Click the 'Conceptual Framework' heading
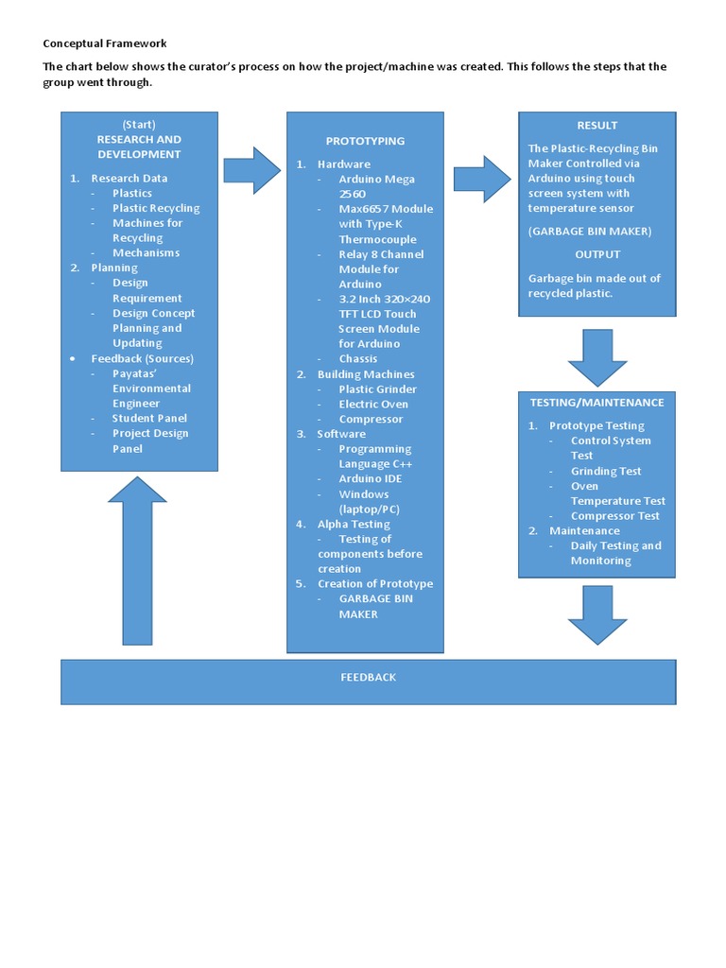[x=104, y=43]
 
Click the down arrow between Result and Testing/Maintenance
[x=596, y=357]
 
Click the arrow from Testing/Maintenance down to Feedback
[x=596, y=614]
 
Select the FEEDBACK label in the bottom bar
[x=368, y=678]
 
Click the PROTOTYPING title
[x=365, y=141]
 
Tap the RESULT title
[x=596, y=126]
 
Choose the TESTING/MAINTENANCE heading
[x=596, y=403]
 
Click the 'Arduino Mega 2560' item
[x=376, y=186]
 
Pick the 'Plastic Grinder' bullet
[x=377, y=389]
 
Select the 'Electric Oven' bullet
[x=373, y=405]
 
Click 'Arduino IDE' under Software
[x=370, y=479]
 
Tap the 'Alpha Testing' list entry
[x=354, y=525]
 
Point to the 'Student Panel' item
[x=149, y=419]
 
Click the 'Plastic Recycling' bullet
[x=156, y=209]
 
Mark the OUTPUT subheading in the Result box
[x=597, y=255]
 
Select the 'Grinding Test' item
[x=606, y=472]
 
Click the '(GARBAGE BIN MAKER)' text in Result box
[x=590, y=232]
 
